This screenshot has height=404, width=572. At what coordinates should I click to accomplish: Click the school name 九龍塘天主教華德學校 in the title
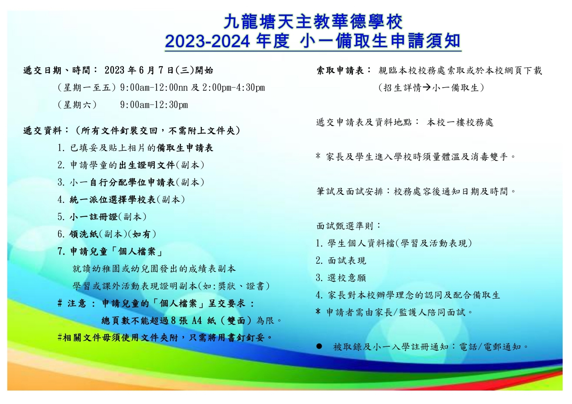tap(313, 22)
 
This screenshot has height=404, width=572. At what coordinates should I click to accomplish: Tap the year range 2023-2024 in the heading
tap(208, 41)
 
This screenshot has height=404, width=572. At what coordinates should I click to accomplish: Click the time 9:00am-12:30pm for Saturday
tap(154, 105)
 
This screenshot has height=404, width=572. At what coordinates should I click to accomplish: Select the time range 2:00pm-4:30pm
tap(233, 88)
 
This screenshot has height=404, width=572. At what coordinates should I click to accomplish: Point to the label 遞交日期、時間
tap(57, 70)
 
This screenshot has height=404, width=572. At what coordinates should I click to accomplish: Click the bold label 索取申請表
tap(340, 70)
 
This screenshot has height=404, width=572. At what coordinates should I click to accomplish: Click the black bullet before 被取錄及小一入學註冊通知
tap(319, 346)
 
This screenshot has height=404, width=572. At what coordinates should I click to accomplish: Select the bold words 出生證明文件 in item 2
tap(147, 165)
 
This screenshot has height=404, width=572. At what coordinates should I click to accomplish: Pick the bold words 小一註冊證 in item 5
tap(94, 217)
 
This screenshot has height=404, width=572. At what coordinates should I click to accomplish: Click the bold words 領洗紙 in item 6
tap(84, 234)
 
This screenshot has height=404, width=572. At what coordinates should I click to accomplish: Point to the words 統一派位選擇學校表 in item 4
tap(113, 199)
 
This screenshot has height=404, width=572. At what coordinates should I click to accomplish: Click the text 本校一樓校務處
tap(460, 122)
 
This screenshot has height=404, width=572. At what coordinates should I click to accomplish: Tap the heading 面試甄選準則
tap(345, 226)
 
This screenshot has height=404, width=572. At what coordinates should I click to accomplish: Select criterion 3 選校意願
tap(341, 278)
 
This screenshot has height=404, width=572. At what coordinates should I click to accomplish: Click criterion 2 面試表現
tap(341, 260)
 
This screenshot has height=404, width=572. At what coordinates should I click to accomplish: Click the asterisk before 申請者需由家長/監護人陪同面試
tap(318, 312)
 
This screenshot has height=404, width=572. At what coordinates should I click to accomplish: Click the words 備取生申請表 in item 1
tap(185, 148)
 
